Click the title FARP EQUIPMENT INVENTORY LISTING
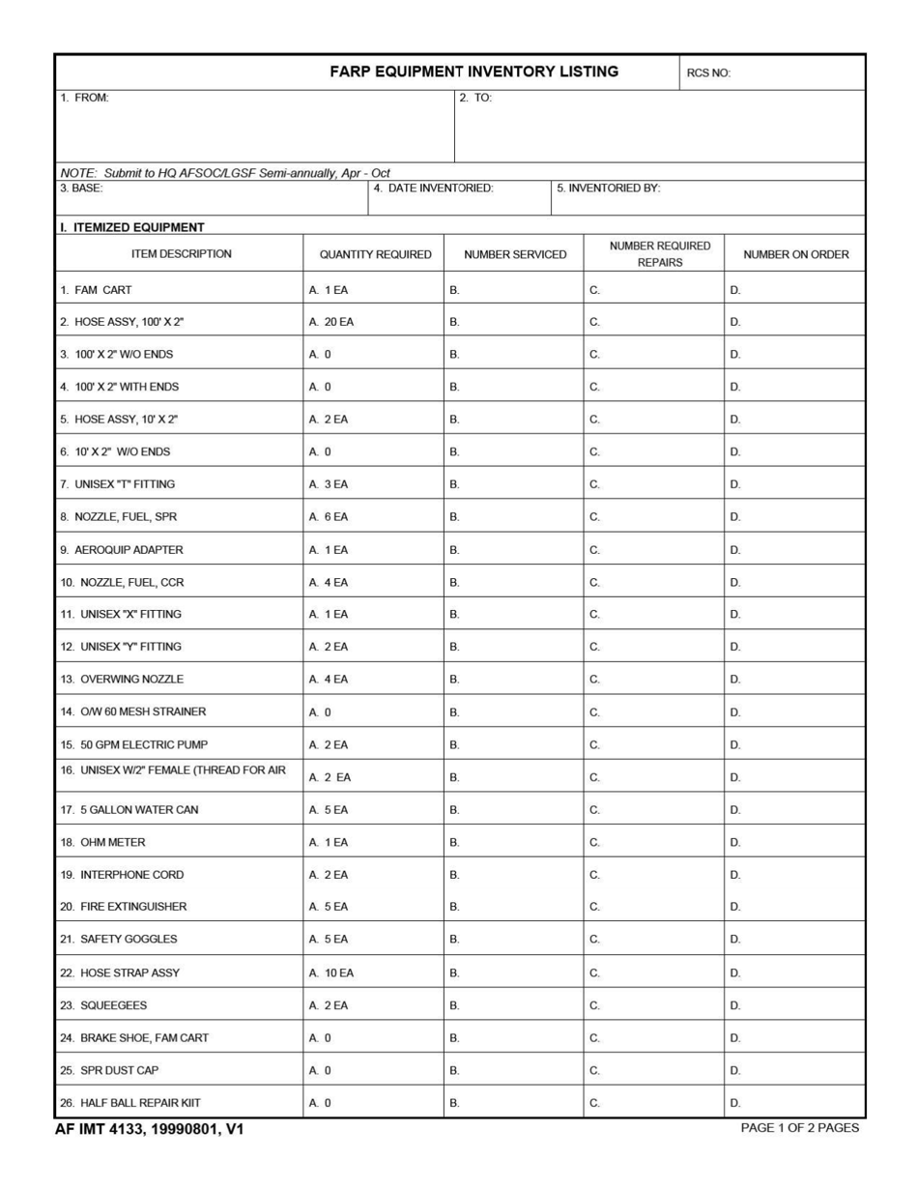pos(473,72)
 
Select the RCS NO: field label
pos(708,72)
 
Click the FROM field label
pos(84,98)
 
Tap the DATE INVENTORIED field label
pos(433,188)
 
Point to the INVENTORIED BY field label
pos(608,188)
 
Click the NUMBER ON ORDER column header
pos(795,254)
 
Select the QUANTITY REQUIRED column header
pos(375,254)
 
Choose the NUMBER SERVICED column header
pos(515,254)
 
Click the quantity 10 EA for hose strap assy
pos(331,972)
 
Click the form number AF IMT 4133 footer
pos(150,1128)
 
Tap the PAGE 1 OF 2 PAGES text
pos(799,1127)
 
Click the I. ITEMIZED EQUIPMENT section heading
pos(132,227)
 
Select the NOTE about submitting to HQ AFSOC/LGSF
pos(225,172)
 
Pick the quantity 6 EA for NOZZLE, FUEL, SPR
pos(329,517)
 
